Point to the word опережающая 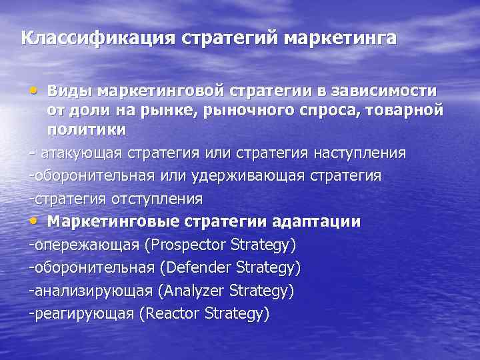87,245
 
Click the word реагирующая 84,313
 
